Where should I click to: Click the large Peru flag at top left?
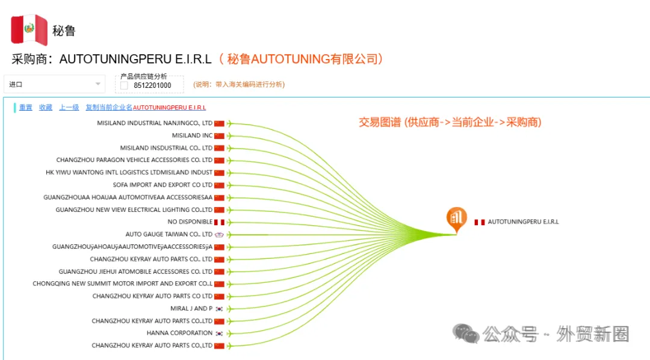tap(29, 29)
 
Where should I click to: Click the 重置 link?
tap(26, 107)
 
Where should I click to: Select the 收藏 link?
tap(46, 107)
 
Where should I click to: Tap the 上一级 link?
tap(69, 107)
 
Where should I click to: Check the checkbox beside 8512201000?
tap(124, 85)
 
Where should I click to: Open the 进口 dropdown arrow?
tap(98, 84)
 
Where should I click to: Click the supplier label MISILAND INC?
tap(192, 135)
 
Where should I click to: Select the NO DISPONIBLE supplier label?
tap(190, 222)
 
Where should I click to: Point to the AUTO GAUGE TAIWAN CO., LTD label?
tap(169, 234)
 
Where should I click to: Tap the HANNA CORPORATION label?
tap(179, 333)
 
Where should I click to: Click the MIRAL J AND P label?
tap(191, 309)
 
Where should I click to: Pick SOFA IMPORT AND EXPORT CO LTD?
tap(162, 185)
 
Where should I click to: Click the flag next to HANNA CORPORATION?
tap(219, 334)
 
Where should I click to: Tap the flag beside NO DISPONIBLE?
tap(219, 222)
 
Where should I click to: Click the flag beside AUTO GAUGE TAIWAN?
tap(219, 235)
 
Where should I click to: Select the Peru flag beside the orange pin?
tap(480, 222)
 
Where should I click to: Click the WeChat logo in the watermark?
tap(465, 334)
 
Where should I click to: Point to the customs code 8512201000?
tap(152, 85)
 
